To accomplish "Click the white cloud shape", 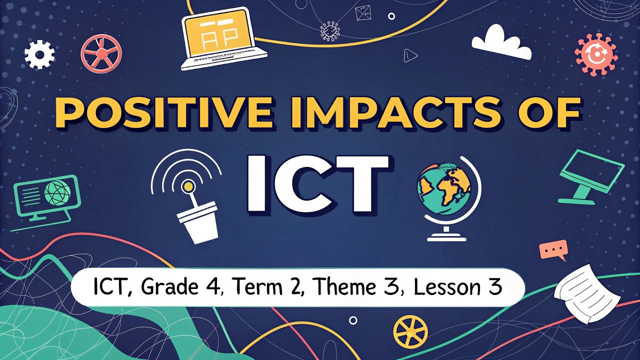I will [501, 43].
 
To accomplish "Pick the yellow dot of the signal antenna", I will [188, 186].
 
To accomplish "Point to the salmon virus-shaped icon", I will [595, 54].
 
